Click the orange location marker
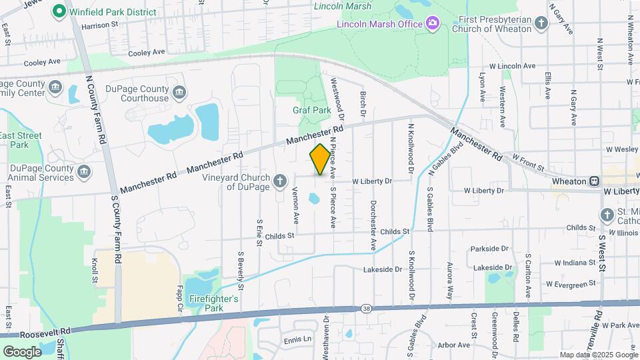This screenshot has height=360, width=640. [x=320, y=159]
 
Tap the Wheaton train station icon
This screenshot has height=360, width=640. [x=593, y=181]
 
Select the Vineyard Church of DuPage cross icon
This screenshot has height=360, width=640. [x=281, y=179]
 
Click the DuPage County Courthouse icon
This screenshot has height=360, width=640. [x=179, y=91]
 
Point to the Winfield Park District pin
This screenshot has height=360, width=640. [x=59, y=11]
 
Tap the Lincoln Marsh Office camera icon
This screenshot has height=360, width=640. [x=433, y=24]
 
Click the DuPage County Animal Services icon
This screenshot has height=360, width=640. [x=84, y=173]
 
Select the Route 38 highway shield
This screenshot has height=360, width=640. [x=367, y=308]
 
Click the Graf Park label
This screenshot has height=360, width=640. [x=311, y=110]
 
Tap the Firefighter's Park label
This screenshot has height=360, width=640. [x=213, y=303]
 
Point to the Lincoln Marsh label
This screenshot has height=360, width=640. [x=343, y=7]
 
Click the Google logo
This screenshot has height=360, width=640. [x=22, y=351]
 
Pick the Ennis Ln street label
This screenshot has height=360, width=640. [x=297, y=339]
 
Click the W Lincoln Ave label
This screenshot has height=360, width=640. [x=512, y=66]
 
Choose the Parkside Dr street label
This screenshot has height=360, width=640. [x=489, y=249]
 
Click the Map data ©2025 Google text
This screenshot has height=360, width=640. [x=598, y=355]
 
